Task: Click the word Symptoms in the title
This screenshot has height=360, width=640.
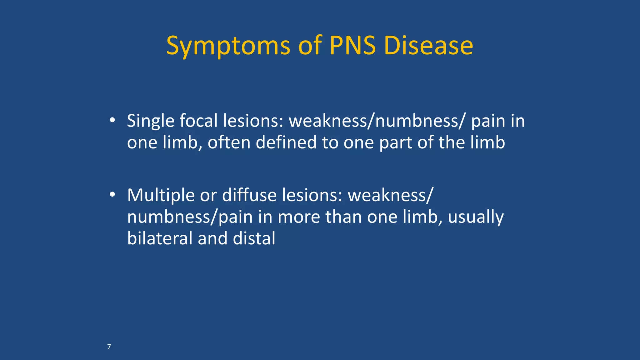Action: coord(228,46)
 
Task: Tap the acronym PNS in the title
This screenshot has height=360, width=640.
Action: coord(353,46)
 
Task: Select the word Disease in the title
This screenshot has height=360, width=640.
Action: coord(428,46)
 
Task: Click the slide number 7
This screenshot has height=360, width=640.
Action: coord(109,347)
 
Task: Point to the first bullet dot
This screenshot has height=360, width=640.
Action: coord(112,120)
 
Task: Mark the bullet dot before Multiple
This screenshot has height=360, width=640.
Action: coord(112,195)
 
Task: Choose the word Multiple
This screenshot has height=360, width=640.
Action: coord(161,196)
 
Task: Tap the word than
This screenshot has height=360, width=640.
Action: coord(343,217)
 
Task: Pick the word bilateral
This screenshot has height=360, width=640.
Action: coord(159,238)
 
